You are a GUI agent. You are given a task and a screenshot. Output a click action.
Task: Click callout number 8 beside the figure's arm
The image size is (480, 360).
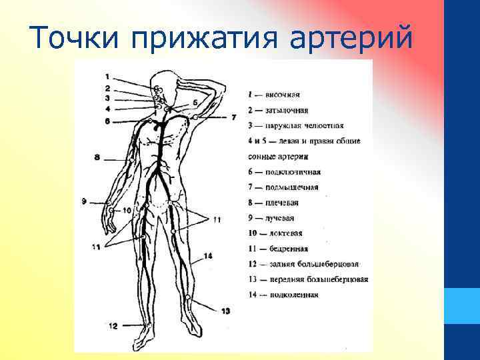click(97, 157)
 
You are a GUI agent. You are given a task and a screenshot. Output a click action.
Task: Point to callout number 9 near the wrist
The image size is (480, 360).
click(84, 201)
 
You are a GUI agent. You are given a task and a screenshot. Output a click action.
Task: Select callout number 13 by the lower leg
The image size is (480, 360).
click(225, 311)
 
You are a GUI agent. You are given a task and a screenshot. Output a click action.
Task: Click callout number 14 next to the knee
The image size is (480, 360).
click(209, 256)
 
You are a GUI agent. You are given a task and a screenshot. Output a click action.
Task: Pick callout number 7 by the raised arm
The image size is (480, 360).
click(233, 117)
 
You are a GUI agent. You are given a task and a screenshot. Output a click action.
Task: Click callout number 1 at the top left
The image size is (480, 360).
click(107, 76)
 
